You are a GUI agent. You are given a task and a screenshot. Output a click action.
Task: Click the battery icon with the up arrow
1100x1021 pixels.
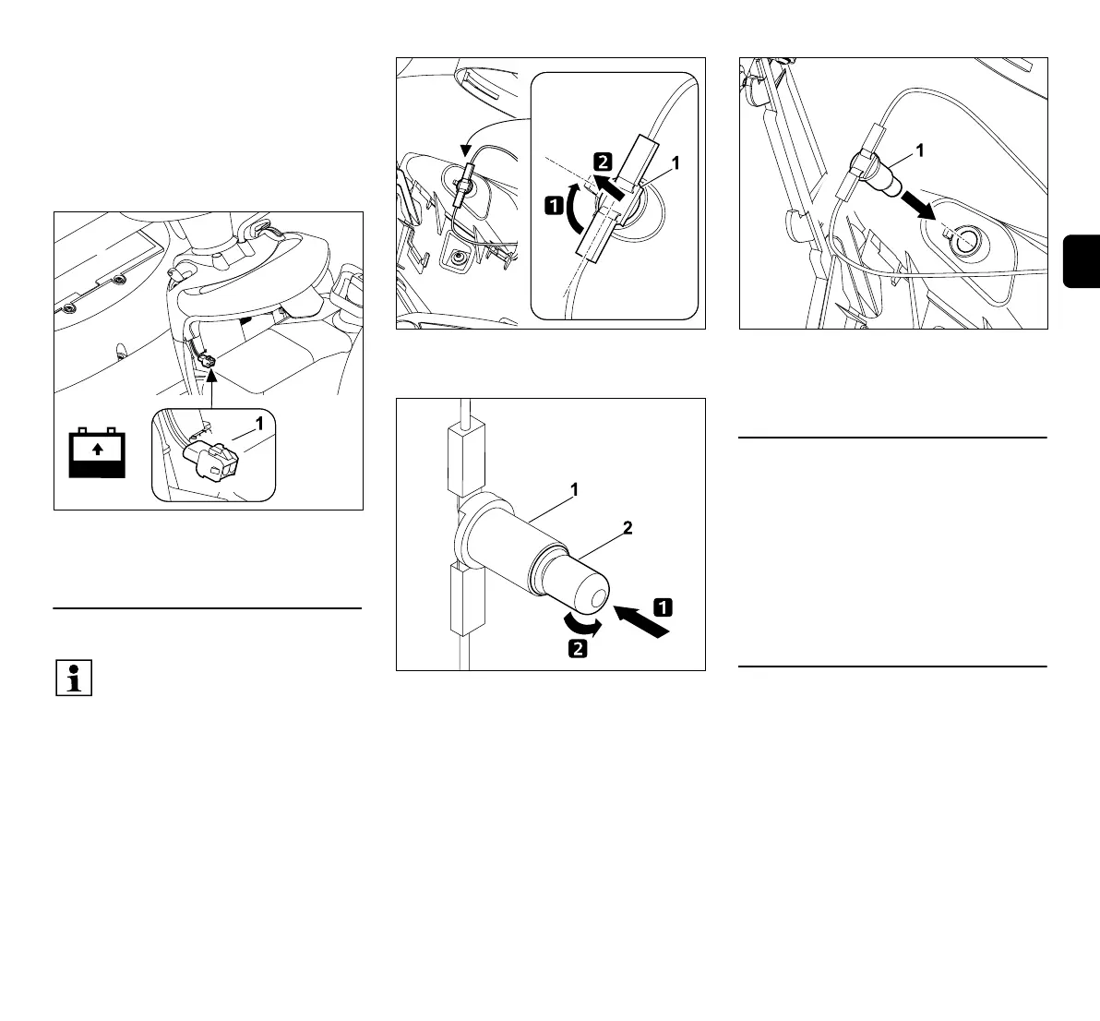97,452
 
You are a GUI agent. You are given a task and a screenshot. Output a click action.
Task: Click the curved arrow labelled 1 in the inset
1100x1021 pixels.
575,209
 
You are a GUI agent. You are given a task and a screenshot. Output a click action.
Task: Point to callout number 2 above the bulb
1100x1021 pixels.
627,529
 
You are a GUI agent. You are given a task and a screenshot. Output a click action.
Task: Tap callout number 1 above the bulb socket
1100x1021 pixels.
574,491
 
